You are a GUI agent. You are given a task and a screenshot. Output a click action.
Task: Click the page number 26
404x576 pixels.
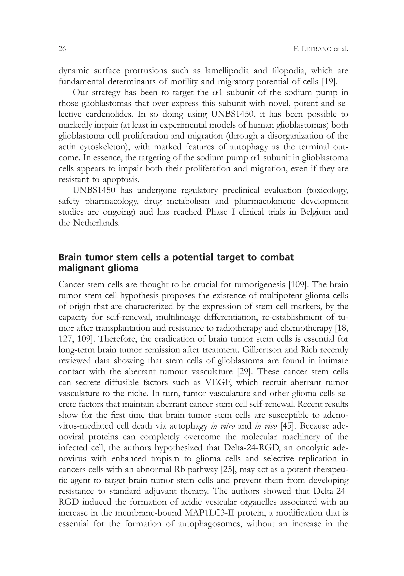point(62,49)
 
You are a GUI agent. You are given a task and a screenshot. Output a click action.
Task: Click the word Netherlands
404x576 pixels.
point(96,223)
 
